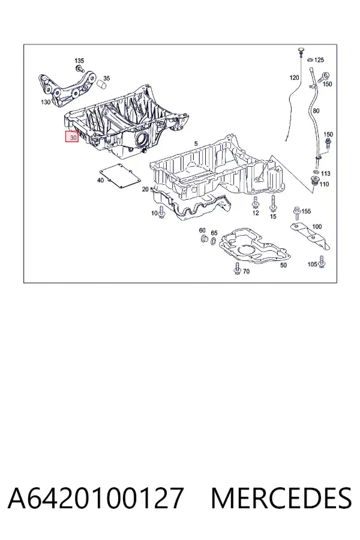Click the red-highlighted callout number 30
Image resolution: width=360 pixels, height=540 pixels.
[x=73, y=137]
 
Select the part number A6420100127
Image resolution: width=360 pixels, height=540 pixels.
[x=95, y=498]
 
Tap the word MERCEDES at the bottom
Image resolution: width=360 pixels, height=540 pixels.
[x=281, y=498]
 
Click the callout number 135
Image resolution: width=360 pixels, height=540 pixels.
[x=79, y=61]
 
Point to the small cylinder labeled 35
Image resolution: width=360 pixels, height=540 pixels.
[x=101, y=84]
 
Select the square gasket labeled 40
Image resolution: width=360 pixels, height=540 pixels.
[x=120, y=176]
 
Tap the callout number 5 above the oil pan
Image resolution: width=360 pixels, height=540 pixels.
[x=196, y=143]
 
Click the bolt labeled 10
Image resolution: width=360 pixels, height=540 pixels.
[x=162, y=213]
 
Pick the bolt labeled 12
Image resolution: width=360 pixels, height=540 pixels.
[x=255, y=202]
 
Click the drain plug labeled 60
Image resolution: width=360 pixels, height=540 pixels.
[x=203, y=238]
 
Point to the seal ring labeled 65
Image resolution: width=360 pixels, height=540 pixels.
[x=214, y=241]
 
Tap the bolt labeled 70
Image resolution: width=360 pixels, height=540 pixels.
[x=237, y=269]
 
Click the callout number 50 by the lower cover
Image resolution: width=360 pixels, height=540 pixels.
[x=283, y=265]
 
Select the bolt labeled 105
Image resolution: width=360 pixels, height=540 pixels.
[x=322, y=262]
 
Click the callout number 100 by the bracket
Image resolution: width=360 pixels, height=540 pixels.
[x=317, y=227]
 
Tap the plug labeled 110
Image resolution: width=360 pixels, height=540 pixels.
[x=314, y=181]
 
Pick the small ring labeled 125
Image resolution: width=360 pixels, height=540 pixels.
[x=310, y=60]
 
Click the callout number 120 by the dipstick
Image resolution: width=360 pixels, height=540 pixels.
[x=294, y=78]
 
